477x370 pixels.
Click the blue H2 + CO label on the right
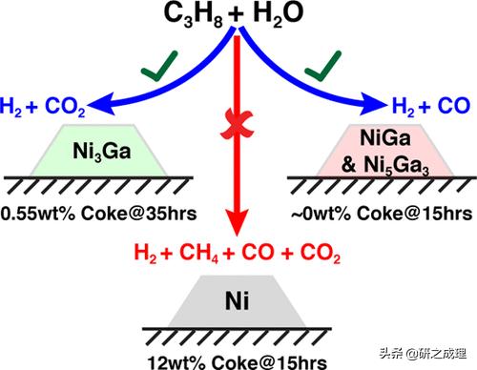click(430, 109)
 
